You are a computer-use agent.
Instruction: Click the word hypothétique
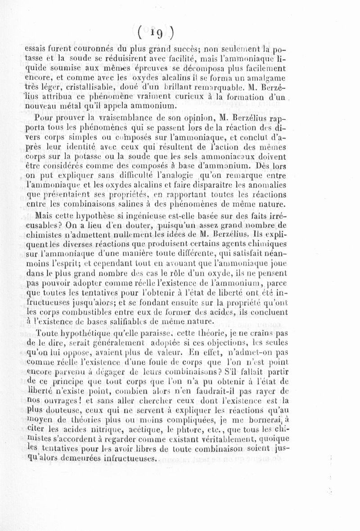point(80,335)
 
